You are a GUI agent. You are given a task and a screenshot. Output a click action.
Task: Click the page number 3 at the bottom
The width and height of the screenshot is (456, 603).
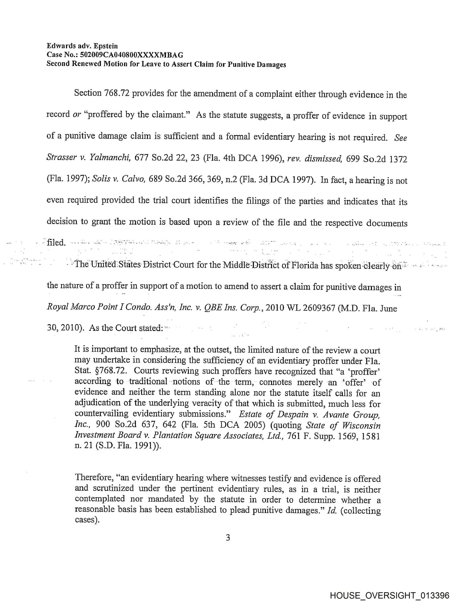click(228, 538)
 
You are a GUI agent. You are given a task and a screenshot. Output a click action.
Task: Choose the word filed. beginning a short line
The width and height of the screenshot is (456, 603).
click(56, 242)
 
